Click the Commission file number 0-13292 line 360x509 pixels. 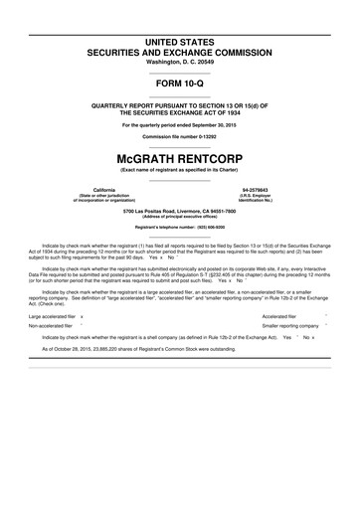click(179, 136)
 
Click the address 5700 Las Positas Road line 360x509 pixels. click(179, 211)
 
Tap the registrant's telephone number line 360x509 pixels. click(179, 228)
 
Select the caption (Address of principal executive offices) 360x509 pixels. click(179, 217)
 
